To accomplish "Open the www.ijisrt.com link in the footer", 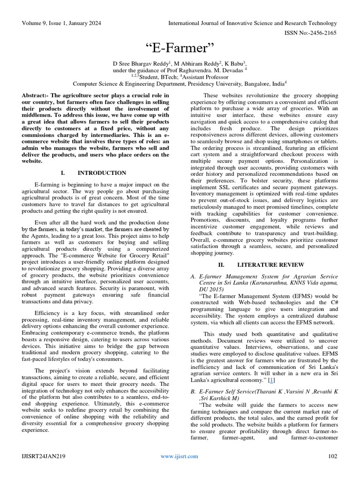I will (x=179, y=456).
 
